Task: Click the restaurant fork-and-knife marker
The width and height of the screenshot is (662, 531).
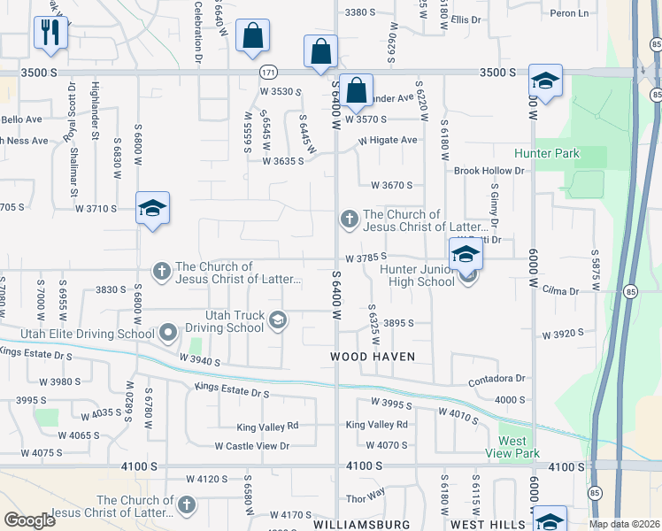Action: pyautogui.click(x=50, y=33)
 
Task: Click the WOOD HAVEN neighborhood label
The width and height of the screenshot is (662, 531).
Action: pyautogui.click(x=373, y=357)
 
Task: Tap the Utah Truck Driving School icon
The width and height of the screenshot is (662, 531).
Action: pyautogui.click(x=278, y=320)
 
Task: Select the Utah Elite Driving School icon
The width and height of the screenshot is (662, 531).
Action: pyautogui.click(x=168, y=334)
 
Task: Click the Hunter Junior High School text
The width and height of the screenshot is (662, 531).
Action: pyautogui.click(x=417, y=275)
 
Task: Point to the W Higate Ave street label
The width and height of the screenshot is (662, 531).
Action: pyautogui.click(x=388, y=140)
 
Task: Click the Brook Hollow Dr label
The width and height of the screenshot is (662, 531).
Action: pyautogui.click(x=489, y=170)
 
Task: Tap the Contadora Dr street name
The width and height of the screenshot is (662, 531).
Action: pyautogui.click(x=496, y=379)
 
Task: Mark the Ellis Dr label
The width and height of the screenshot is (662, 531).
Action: pyautogui.click(x=465, y=19)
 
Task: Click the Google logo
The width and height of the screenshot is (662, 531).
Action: pyautogui.click(x=29, y=520)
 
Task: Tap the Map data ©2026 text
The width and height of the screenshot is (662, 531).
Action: pyautogui.click(x=623, y=524)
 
